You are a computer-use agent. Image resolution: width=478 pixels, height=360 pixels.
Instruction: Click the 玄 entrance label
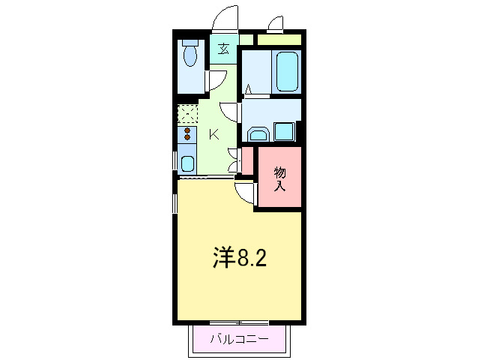(224, 50)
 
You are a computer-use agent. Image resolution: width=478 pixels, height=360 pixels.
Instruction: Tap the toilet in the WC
(188, 54)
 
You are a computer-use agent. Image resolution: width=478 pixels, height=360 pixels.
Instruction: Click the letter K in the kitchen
(214, 135)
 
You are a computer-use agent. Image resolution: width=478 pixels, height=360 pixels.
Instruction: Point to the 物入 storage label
(280, 178)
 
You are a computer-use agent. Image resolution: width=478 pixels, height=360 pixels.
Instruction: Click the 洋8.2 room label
(239, 259)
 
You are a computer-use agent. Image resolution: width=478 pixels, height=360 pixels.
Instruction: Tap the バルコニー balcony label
(239, 339)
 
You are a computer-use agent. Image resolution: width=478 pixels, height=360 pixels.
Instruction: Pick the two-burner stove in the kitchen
(187, 135)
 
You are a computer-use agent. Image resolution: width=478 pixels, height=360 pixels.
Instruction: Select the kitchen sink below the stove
(187, 163)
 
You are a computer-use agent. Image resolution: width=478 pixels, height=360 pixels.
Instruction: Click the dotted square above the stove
(187, 115)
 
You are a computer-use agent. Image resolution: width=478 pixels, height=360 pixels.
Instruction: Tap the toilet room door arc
(215, 80)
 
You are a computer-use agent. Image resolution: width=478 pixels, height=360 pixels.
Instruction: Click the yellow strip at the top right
(279, 39)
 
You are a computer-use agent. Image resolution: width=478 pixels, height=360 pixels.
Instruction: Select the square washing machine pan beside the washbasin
(285, 131)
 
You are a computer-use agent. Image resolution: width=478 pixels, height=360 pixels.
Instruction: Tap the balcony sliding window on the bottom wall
(239, 322)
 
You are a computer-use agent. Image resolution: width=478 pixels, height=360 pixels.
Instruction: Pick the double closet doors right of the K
(235, 158)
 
